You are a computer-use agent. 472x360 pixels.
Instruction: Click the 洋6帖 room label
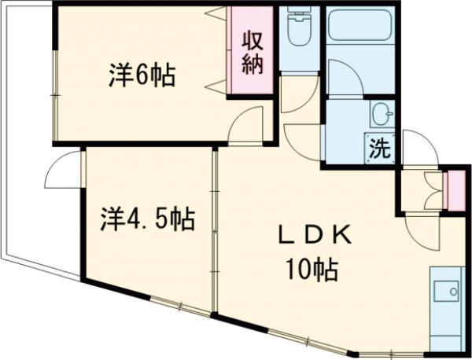point(142,76)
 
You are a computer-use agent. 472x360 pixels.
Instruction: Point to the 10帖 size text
point(312,271)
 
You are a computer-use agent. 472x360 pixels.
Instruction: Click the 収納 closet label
point(251,53)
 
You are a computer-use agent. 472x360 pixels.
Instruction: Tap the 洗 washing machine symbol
point(380,149)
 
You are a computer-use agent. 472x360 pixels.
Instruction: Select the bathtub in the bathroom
point(357,28)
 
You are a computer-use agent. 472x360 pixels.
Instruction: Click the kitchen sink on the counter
point(449,290)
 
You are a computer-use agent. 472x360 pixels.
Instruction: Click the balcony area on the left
point(28,141)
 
